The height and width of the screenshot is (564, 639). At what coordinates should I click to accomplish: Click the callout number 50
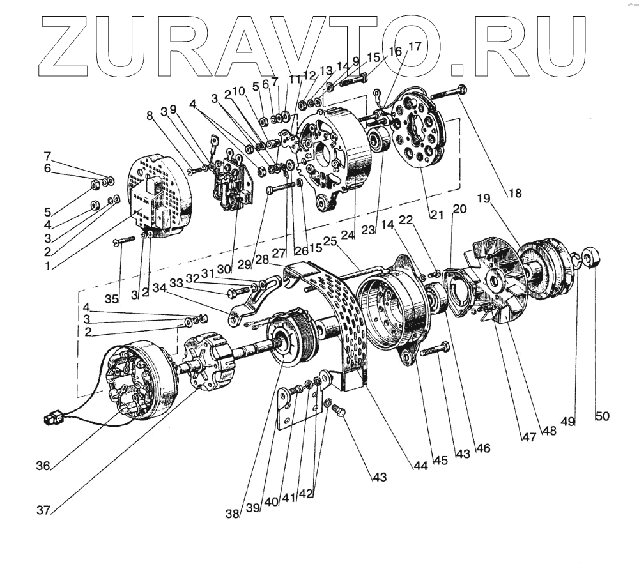pyautogui.click(x=602, y=416)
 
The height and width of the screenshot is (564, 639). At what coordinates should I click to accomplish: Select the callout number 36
pyautogui.click(x=43, y=466)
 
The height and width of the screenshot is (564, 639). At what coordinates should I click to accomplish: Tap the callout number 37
pyautogui.click(x=43, y=510)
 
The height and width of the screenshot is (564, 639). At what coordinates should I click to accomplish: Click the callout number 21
pyautogui.click(x=436, y=215)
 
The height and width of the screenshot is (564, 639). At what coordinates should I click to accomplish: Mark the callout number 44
pyautogui.click(x=420, y=466)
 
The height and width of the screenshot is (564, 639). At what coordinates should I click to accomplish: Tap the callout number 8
pyautogui.click(x=150, y=116)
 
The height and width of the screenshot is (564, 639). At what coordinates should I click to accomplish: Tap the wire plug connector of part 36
pyautogui.click(x=51, y=420)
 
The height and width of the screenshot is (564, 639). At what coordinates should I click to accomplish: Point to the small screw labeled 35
pyautogui.click(x=123, y=240)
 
